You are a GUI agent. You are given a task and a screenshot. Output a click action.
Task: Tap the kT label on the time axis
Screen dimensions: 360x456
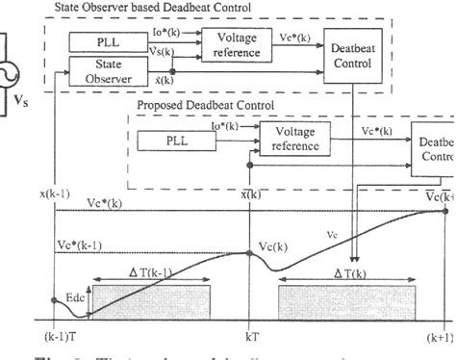coord(253,337)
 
